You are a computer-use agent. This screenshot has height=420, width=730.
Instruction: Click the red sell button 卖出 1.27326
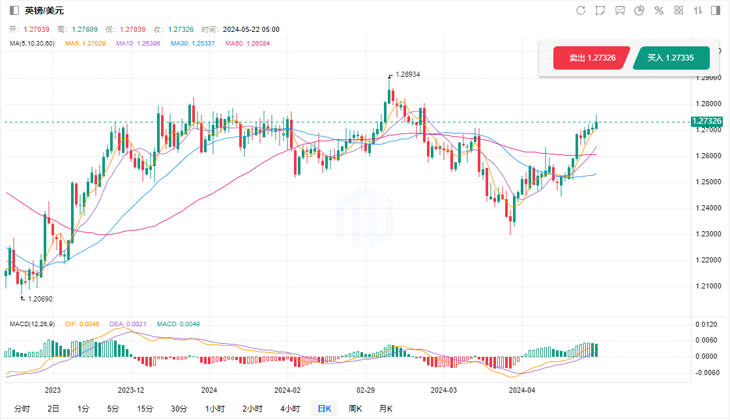tap(592, 58)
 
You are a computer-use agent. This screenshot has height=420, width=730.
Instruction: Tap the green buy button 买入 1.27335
tap(670, 58)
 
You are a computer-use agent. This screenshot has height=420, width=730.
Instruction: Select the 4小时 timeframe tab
tap(290, 409)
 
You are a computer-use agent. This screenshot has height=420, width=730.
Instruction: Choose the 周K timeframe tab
tap(355, 409)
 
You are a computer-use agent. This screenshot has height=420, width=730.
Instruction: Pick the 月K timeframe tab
tap(386, 409)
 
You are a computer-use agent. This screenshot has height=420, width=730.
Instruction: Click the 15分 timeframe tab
tap(145, 409)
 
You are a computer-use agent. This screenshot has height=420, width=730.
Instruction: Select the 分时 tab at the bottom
tap(22, 409)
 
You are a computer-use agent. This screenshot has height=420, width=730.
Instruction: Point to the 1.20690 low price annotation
tap(40, 298)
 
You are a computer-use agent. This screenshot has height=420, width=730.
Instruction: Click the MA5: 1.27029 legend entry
tap(86, 44)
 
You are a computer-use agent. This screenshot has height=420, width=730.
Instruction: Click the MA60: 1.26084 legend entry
tap(247, 44)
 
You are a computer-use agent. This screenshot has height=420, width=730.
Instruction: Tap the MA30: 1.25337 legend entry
tap(193, 44)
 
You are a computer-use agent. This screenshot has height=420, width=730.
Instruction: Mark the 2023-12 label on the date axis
tap(130, 390)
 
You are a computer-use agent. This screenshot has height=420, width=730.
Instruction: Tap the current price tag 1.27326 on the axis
tap(707, 121)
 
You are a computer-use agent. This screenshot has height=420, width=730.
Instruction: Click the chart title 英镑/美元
tap(44, 10)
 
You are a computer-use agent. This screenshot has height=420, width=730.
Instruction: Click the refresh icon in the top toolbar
tap(581, 10)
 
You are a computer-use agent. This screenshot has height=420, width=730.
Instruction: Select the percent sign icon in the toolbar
tap(659, 10)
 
